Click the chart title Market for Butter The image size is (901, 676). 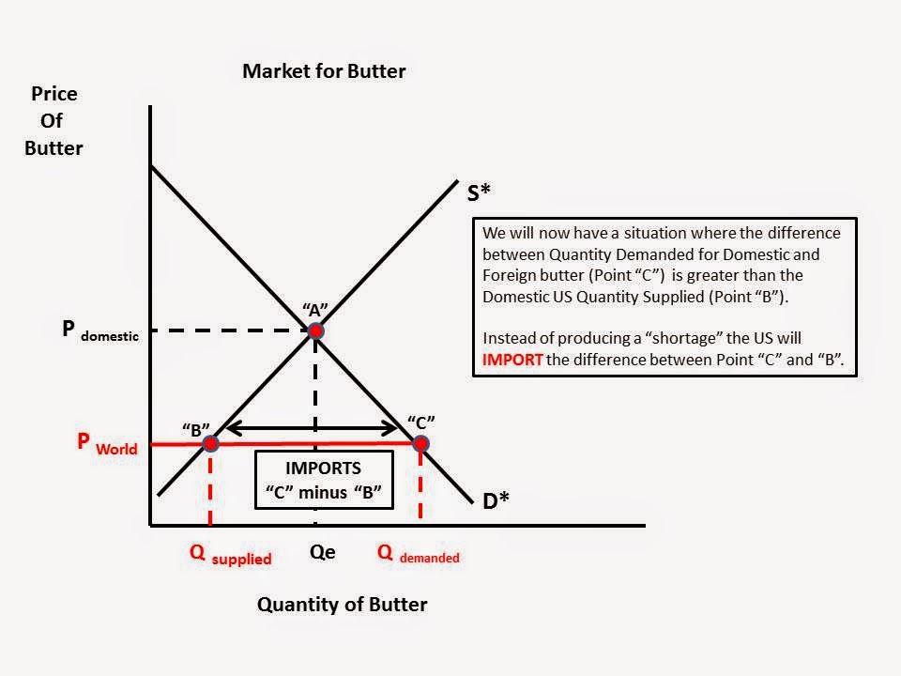click(324, 71)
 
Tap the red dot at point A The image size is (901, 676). click(316, 330)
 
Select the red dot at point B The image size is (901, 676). click(210, 443)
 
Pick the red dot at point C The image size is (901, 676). click(420, 443)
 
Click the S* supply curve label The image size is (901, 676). click(479, 192)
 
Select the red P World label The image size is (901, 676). click(107, 444)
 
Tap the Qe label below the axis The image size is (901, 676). click(322, 553)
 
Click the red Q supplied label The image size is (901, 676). click(230, 555)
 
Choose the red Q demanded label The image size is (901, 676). click(419, 554)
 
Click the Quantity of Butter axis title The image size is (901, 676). click(342, 605)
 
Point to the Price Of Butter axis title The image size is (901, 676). click(54, 121)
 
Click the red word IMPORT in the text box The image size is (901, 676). click(512, 358)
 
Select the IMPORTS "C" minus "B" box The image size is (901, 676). click(323, 480)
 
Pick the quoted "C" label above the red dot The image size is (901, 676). click(421, 422)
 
